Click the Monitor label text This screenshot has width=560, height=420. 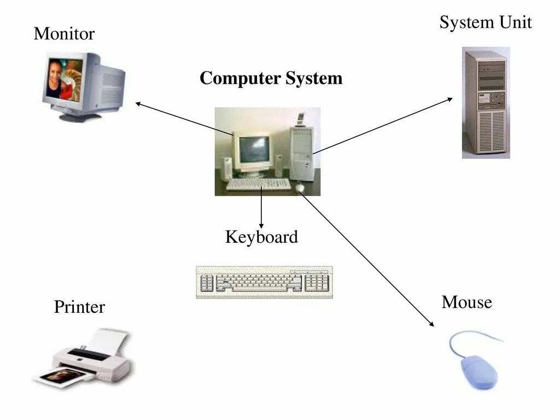click(64, 34)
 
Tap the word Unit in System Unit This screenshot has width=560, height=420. click(515, 22)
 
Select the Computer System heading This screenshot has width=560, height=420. click(271, 78)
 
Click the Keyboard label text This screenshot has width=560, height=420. click(261, 237)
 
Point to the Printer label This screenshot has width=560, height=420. click(79, 307)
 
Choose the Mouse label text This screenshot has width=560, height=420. click(466, 302)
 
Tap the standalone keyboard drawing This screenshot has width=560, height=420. click(264, 282)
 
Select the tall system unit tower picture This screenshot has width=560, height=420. click(486, 102)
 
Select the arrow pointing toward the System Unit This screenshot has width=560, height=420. click(383, 125)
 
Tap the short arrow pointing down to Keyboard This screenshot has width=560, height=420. click(261, 208)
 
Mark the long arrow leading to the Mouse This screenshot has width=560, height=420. click(366, 257)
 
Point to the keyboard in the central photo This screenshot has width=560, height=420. click(258, 184)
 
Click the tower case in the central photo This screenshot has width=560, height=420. click(301, 153)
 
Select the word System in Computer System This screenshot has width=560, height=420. click(313, 78)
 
